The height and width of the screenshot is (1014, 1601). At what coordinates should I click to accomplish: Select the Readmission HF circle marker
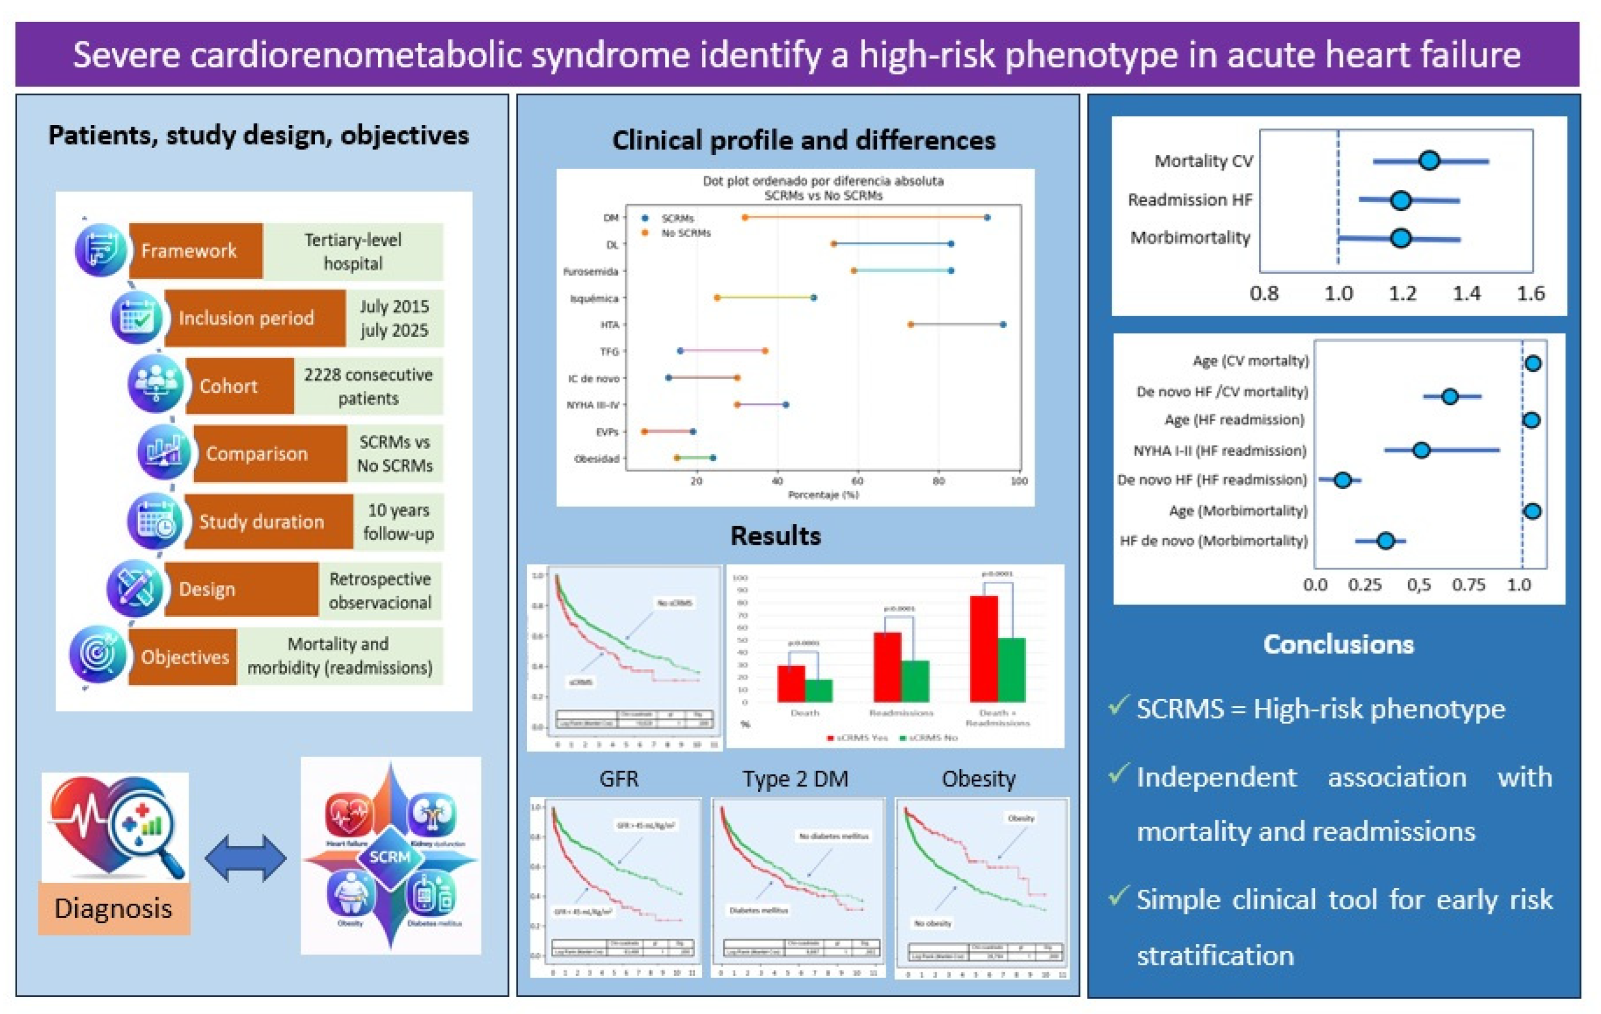point(1400,200)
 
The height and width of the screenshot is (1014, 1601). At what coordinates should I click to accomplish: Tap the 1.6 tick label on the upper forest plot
point(1530,294)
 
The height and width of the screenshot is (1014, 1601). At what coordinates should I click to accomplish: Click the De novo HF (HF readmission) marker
point(1342,480)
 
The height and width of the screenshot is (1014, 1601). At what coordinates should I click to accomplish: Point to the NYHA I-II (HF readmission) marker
point(1421,450)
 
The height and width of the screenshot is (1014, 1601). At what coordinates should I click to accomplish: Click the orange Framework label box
point(196,251)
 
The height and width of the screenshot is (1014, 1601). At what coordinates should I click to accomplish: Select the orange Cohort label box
point(239,386)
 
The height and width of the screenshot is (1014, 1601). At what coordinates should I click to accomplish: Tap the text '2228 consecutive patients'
point(368,386)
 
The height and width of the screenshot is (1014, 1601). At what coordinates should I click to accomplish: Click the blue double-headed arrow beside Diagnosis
point(245,859)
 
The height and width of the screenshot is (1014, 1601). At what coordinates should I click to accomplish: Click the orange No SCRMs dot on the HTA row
point(911,324)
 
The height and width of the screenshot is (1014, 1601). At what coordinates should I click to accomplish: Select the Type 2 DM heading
point(795,778)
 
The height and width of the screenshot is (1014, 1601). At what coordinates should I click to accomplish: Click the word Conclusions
point(1338,644)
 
